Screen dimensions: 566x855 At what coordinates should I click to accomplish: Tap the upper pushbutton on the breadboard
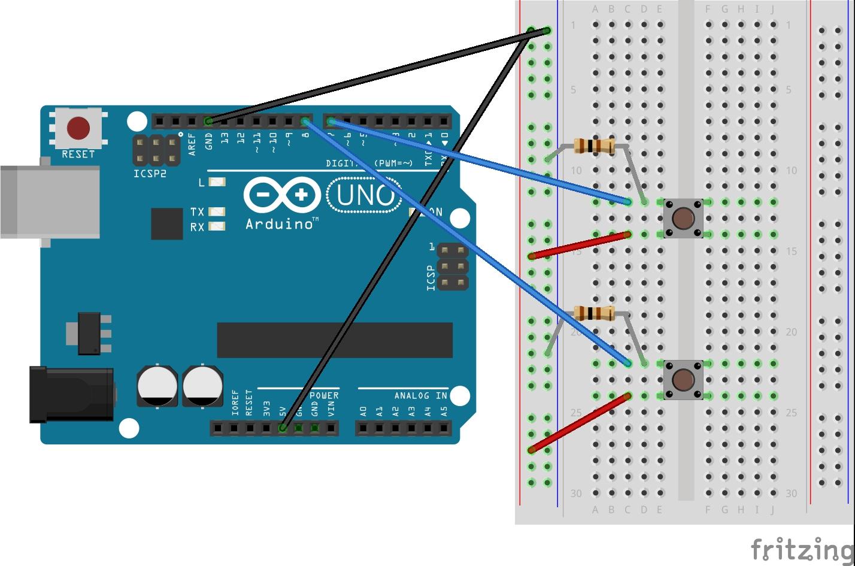pyautogui.click(x=683, y=218)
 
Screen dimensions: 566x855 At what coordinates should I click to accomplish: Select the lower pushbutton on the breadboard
pyautogui.click(x=683, y=380)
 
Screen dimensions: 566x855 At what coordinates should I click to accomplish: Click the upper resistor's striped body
pyautogui.click(x=593, y=145)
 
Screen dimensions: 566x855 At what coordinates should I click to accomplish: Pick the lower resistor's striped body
pyautogui.click(x=593, y=313)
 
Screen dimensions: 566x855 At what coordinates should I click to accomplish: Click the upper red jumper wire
pyautogui.click(x=580, y=246)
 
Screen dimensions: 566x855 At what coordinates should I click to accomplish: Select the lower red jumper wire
pyautogui.click(x=580, y=422)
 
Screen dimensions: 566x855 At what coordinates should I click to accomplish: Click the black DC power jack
pyautogui.click(x=72, y=394)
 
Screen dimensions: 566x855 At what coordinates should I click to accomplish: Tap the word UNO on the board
pyautogui.click(x=364, y=195)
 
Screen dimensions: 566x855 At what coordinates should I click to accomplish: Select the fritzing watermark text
pyautogui.click(x=802, y=549)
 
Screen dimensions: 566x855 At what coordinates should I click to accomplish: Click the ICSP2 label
pyautogui.click(x=150, y=174)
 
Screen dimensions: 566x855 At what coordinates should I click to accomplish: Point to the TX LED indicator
pyautogui.click(x=218, y=211)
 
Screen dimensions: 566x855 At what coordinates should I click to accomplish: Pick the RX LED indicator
pyautogui.click(x=218, y=226)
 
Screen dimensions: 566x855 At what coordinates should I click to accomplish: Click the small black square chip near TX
pyautogui.click(x=167, y=223)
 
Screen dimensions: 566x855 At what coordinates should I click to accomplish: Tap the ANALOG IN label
pyautogui.click(x=420, y=395)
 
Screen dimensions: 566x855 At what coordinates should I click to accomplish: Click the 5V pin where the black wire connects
pyautogui.click(x=283, y=428)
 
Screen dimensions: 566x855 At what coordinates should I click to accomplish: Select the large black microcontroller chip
pyautogui.click(x=335, y=340)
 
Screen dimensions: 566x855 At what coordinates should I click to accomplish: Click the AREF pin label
pyautogui.click(x=192, y=144)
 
